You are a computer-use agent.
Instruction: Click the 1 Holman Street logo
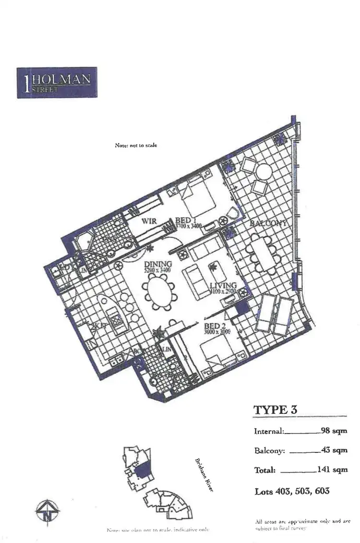point(57,83)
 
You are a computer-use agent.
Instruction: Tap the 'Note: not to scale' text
point(136,145)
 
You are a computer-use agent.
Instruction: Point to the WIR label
point(147,222)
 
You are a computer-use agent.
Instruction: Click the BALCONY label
point(268,223)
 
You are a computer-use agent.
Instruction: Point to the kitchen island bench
point(108,312)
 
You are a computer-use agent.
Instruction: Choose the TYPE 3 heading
point(275,409)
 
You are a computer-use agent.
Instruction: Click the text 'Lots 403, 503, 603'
point(291,491)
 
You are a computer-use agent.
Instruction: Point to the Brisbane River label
point(204,475)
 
